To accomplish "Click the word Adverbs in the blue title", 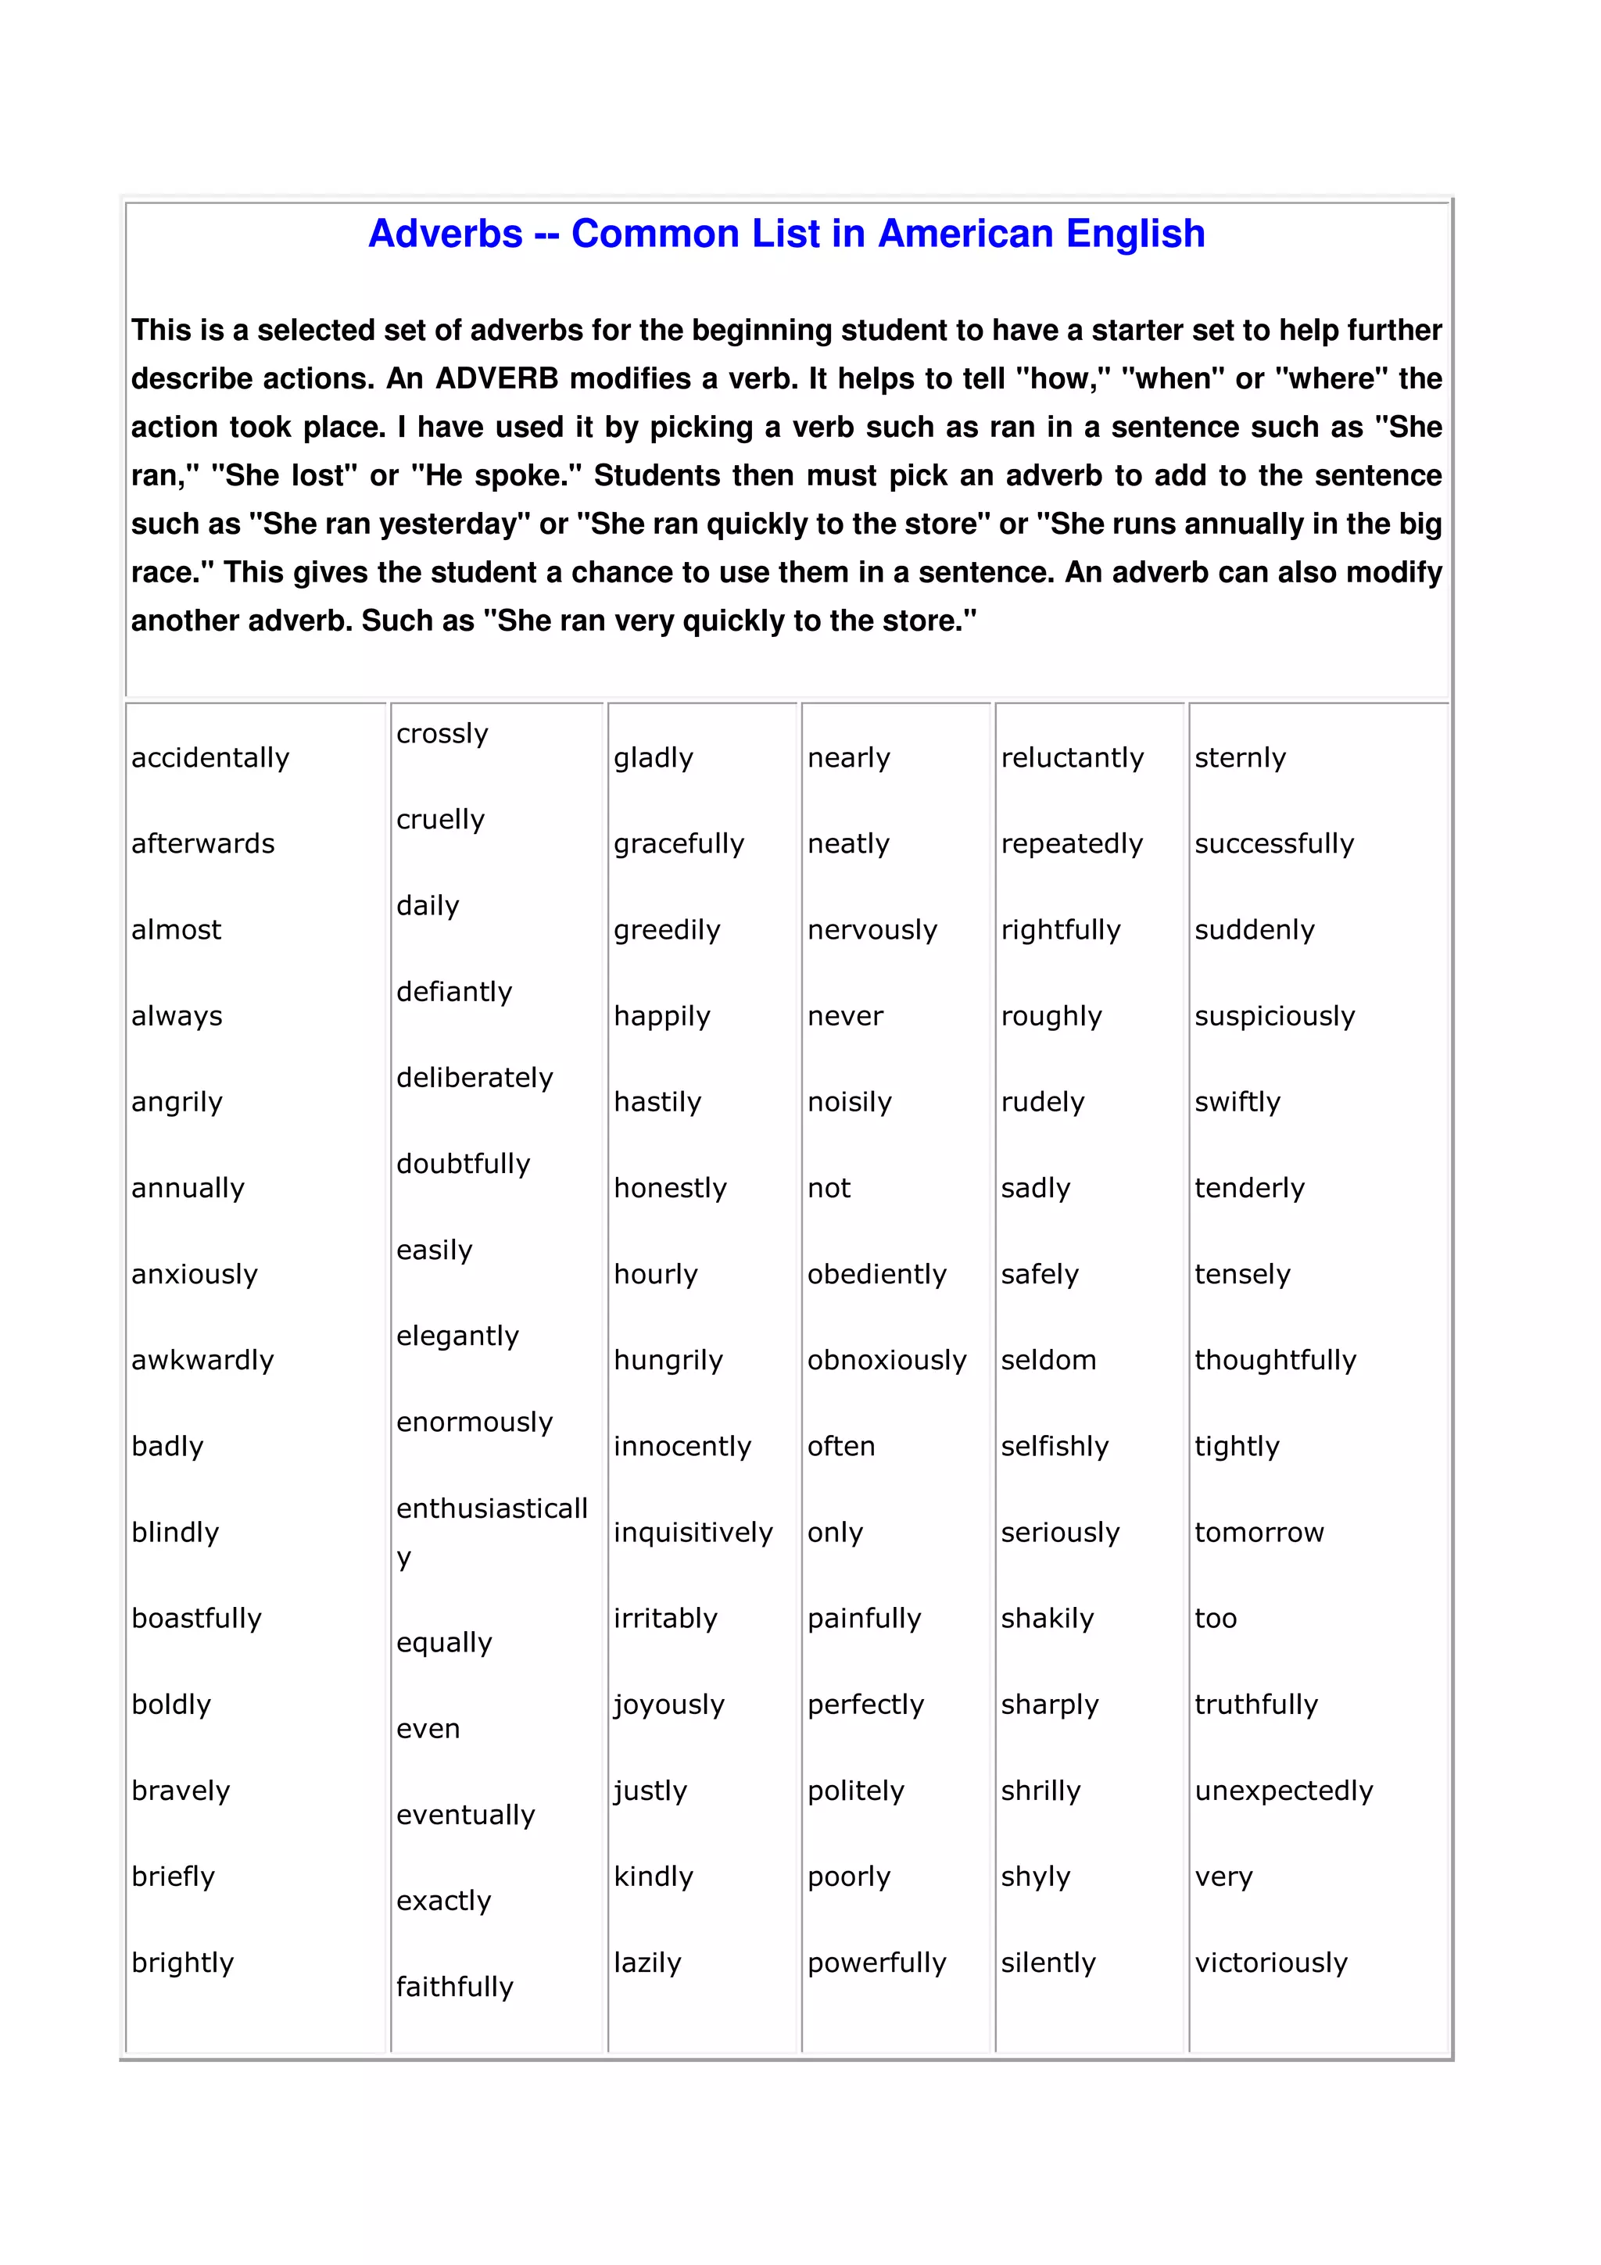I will tap(445, 234).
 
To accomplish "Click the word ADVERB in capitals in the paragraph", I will tap(496, 379).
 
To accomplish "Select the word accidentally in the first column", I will tap(210, 757).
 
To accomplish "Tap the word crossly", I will tap(442, 734).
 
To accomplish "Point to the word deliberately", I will tap(475, 1077).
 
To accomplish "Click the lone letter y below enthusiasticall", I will tap(403, 1558).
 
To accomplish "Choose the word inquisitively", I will tap(693, 1532).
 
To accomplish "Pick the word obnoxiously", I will tap(886, 1361).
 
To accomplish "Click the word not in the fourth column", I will tap(829, 1188).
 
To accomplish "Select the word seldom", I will tap(1048, 1361).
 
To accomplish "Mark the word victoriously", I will tap(1270, 1963).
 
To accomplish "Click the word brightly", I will tap(182, 1963).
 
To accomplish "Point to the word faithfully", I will tap(455, 1987).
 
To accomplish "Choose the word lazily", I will tap(647, 1963).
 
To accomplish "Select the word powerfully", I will tap(876, 1963).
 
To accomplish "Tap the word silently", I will tap(1048, 1963).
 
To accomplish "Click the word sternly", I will tap(1240, 757).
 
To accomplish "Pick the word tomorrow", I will tap(1259, 1532).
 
